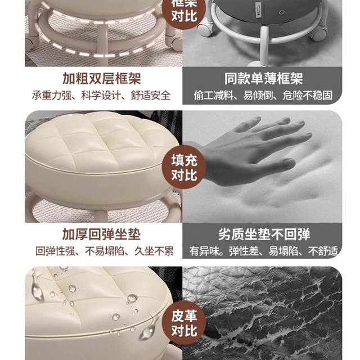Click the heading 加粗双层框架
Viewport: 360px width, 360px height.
pos(102,79)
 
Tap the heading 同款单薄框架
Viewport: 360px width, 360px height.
pos(264,79)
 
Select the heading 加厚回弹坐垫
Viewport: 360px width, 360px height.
pos(101,234)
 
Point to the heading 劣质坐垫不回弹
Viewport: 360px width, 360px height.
pos(264,234)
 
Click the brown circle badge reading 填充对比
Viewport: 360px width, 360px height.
pos(184,168)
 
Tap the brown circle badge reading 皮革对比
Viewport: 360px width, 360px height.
pos(184,322)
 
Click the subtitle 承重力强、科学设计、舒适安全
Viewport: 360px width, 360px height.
pos(101,95)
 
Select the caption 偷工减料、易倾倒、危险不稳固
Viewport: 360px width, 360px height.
pos(263,95)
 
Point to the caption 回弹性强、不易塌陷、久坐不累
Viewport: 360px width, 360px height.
pos(105,251)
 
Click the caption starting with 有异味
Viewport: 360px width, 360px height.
pos(264,251)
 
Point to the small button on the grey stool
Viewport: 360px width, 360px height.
pos(281,12)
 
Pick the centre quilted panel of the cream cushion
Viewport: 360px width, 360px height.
pos(101,141)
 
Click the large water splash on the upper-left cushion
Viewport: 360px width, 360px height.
pos(38,286)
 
